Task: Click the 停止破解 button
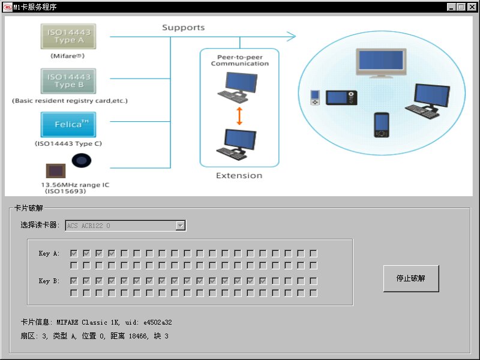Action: point(411,278)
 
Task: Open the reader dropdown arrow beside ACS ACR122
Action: point(180,226)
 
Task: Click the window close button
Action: point(471,7)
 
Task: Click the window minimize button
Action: point(451,7)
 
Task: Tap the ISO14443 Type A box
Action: point(69,36)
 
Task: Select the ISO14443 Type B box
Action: point(69,80)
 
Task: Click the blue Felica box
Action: point(68,124)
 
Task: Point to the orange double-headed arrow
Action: point(239,116)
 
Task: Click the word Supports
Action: point(183,28)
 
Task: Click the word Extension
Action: point(239,176)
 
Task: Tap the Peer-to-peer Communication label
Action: point(239,60)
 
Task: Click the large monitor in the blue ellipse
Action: point(380,64)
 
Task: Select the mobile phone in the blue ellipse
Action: point(381,125)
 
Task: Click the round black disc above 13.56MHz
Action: point(82,161)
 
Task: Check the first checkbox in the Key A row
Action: point(73,253)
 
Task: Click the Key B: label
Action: point(49,281)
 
